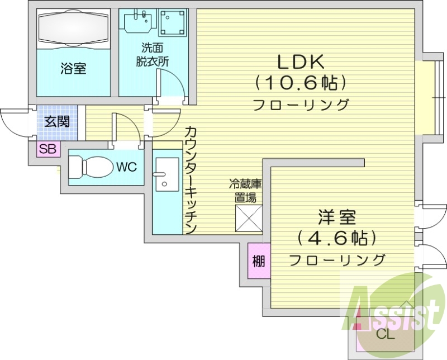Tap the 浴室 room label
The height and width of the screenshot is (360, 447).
click(73, 69)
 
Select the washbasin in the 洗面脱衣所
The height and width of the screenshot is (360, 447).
click(137, 23)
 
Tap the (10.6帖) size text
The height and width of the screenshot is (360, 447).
click(302, 83)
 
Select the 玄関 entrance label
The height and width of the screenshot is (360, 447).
click(57, 121)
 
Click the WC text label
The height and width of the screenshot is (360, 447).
click(127, 166)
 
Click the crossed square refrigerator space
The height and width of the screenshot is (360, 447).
click(248, 218)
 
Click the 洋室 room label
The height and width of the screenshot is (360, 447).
click(337, 216)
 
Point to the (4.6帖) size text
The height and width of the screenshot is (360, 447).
click(337, 239)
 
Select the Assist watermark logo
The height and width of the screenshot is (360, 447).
click(391, 307)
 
